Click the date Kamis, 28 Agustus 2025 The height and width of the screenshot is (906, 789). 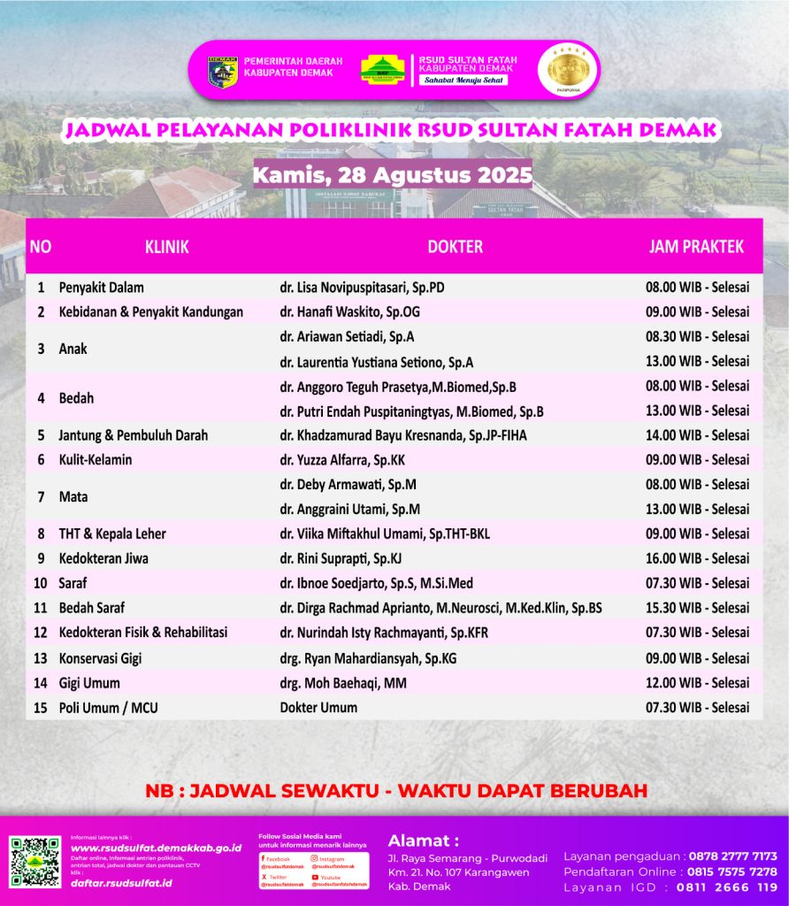pos(393,173)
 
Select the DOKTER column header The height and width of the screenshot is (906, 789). pos(455,247)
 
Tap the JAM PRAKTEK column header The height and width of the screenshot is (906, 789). pos(696,247)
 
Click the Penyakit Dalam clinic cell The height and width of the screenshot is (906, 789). pos(101,288)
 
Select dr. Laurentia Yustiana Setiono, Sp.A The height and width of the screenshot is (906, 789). pos(376,362)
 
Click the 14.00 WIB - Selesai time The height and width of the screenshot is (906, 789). pos(697,435)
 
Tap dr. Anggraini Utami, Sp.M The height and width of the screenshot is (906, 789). pos(349,510)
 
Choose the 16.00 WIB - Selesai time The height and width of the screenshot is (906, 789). pos(697,558)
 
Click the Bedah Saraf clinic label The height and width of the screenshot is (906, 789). pos(91,608)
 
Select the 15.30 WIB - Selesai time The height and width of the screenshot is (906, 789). pos(697,608)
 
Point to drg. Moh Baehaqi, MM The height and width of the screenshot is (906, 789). pos(343,683)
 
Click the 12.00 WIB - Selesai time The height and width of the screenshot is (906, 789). pos(697,683)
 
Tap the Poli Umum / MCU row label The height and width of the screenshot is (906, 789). pos(108,708)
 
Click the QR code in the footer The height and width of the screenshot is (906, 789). pos(35,861)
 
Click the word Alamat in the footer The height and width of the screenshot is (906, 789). pos(424,841)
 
